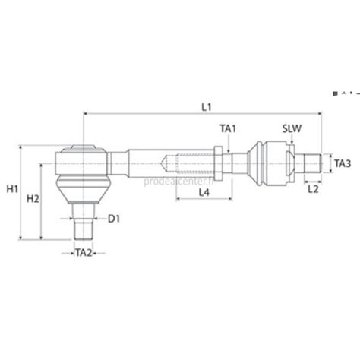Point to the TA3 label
(x=342, y=163)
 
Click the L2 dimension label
(x=314, y=193)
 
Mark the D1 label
(x=114, y=219)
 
